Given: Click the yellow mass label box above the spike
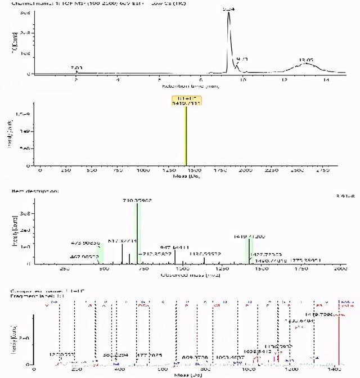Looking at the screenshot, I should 186,100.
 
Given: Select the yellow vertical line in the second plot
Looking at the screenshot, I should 186,135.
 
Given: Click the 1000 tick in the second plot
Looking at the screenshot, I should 143,169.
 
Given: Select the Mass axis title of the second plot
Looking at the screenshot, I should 185,177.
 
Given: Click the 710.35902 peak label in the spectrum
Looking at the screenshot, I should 137,200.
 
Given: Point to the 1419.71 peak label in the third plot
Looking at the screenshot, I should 245,237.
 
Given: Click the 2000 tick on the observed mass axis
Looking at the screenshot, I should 340,269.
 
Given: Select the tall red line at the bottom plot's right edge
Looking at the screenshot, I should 339,337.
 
